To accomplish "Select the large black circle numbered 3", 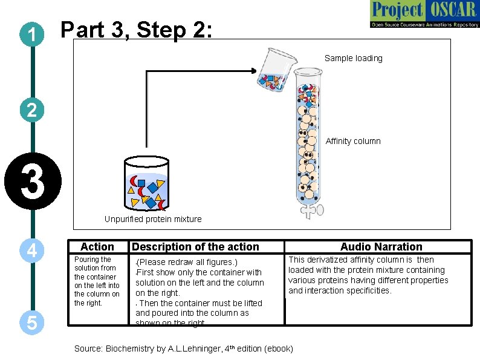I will pos(33,182).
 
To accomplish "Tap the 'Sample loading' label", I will pos(353,59).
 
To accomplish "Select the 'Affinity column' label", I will pos(353,141).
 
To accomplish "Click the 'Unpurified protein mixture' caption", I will pos(153,219).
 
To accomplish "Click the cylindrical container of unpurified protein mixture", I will pos(146,183).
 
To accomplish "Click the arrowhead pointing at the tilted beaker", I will pos(253,71).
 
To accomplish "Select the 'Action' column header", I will pos(97,247).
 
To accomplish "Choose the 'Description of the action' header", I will pos(195,247).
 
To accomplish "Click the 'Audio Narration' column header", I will pos(381,247).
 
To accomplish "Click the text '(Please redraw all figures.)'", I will pos(187,263).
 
